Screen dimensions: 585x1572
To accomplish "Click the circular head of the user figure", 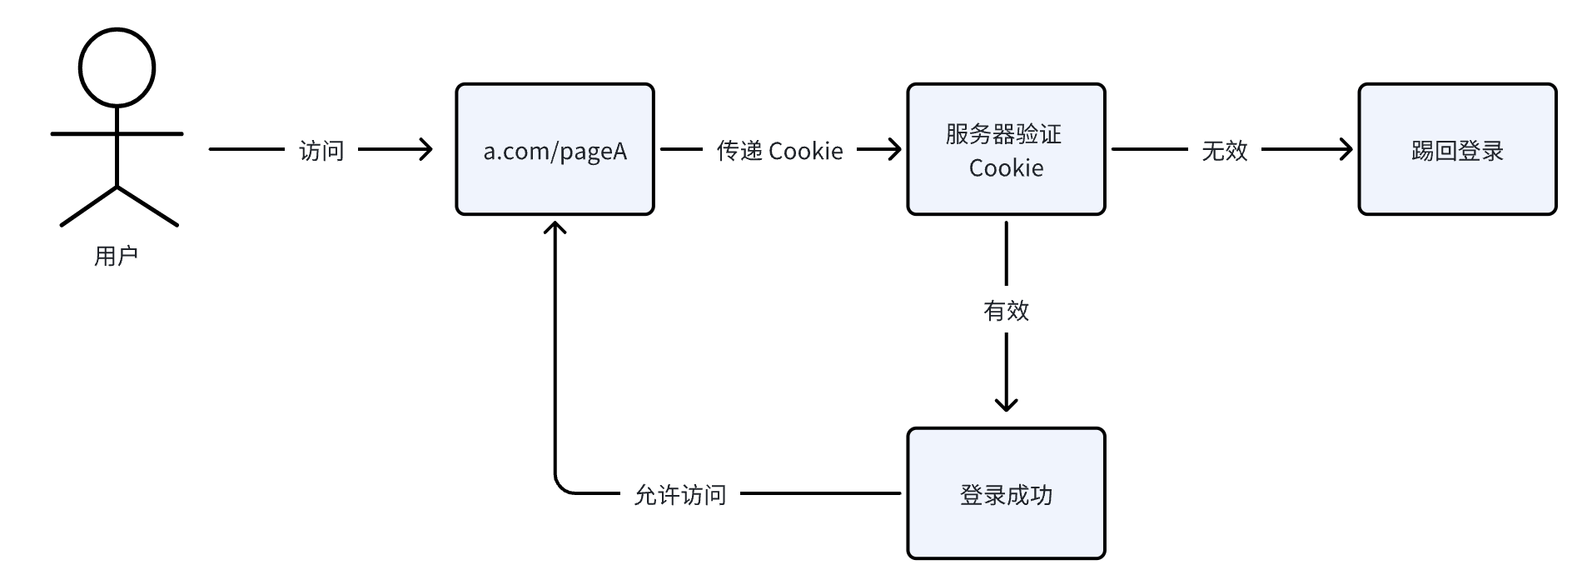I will pyautogui.click(x=117, y=67).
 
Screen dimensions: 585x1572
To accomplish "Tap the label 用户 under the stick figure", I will pyautogui.click(x=116, y=256).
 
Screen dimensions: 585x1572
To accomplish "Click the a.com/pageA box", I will pyautogui.click(x=555, y=150).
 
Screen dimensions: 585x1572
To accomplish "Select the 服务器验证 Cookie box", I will pyautogui.click(x=1006, y=150).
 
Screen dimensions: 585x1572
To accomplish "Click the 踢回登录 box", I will pyautogui.click(x=1457, y=150).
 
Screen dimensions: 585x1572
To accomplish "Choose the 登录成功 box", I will pyautogui.click(x=1006, y=494).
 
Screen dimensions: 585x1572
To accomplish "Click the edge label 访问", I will pyautogui.click(x=321, y=151).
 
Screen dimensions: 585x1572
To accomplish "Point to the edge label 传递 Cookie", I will pyautogui.click(x=780, y=151).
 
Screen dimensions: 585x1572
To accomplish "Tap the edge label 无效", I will pyautogui.click(x=1224, y=151).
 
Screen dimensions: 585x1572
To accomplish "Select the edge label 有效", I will pyautogui.click(x=1006, y=311).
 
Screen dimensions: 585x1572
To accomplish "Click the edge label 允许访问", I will pyautogui.click(x=680, y=495).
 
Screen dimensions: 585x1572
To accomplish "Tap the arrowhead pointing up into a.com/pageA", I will pyautogui.click(x=555, y=227).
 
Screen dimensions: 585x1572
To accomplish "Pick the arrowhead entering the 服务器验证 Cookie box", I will pyautogui.click(x=894, y=150).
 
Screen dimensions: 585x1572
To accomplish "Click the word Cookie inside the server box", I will pyautogui.click(x=1006, y=168).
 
